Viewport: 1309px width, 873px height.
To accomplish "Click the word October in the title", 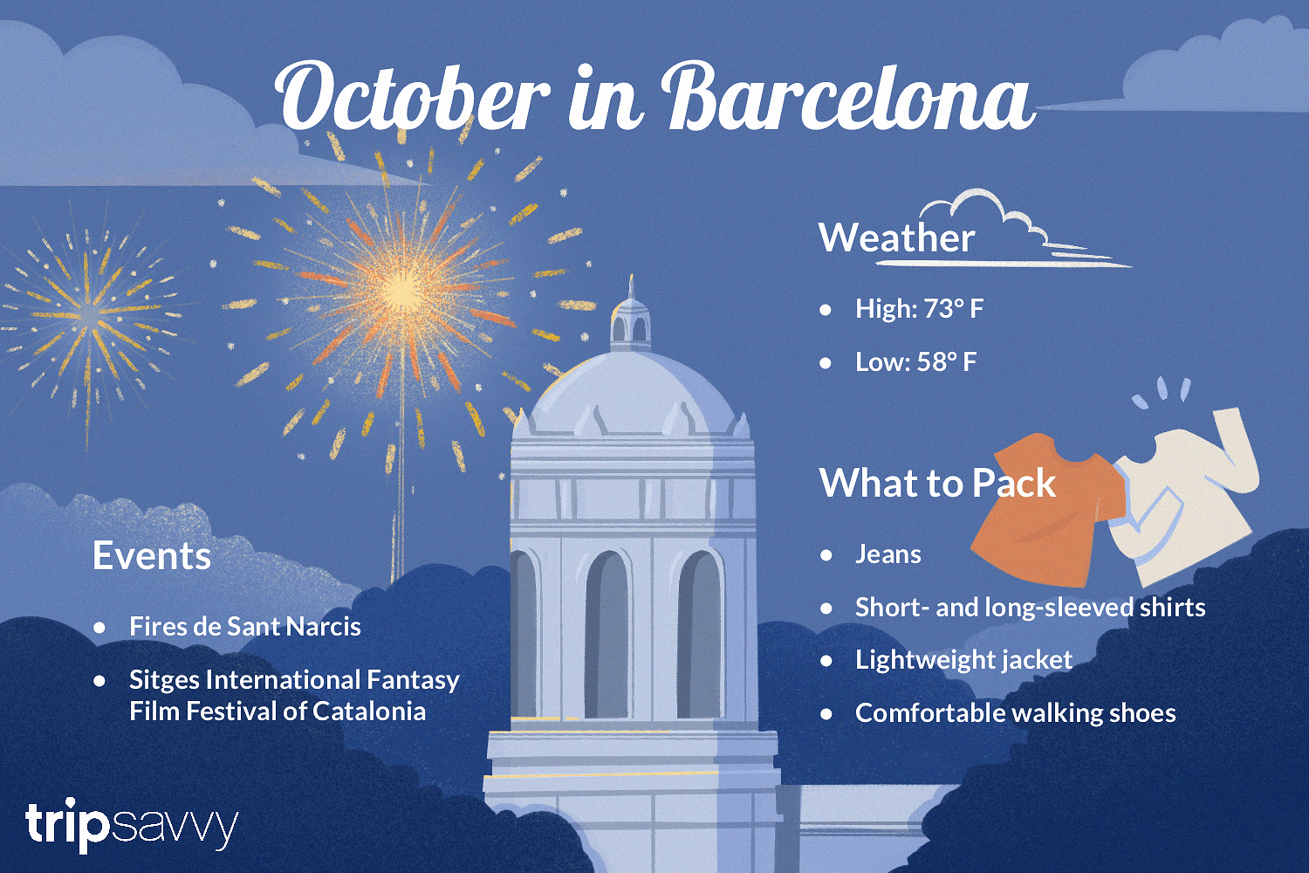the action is (413, 98).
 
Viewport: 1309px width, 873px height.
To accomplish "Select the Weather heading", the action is (896, 237).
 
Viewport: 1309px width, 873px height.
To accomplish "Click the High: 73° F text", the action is (919, 309).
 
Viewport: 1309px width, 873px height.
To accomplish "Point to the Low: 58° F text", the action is (915, 362).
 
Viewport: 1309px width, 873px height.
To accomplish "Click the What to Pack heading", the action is (937, 483).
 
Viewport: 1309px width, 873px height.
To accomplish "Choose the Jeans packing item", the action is (888, 554).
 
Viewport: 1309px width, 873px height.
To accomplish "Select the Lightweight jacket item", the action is (963, 660).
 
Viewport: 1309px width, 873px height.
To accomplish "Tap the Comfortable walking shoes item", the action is (1016, 712).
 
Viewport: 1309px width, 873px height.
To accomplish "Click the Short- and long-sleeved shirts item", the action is (1031, 608).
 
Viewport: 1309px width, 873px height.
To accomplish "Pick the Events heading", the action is (151, 555).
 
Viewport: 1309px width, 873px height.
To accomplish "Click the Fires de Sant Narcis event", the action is (245, 626).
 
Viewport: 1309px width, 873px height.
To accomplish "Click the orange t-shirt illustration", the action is (1047, 510).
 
